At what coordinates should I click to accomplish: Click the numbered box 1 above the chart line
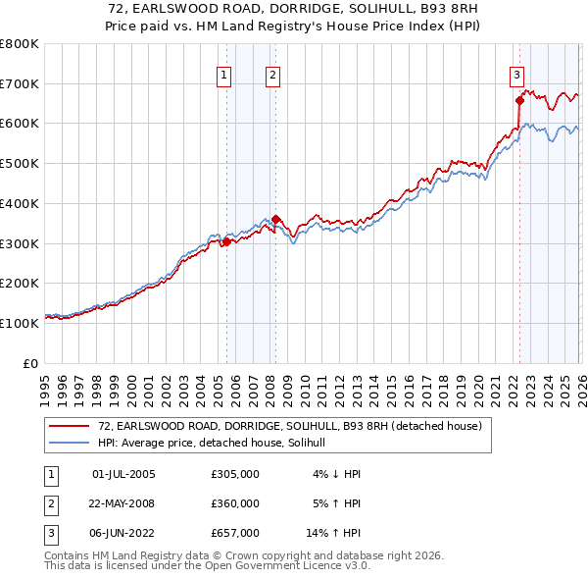pos(224,74)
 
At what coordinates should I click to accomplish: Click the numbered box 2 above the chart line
pos(272,74)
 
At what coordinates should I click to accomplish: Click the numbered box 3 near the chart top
pos(516,74)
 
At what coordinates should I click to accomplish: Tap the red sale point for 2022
pos(519,99)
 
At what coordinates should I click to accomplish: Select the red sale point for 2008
pos(275,219)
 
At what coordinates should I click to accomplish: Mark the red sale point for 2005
pos(226,241)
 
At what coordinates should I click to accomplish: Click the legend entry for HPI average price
pos(217,444)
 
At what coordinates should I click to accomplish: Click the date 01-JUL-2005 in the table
pos(123,474)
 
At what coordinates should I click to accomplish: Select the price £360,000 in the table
pos(235,503)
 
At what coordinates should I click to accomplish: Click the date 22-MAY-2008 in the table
pos(123,503)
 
